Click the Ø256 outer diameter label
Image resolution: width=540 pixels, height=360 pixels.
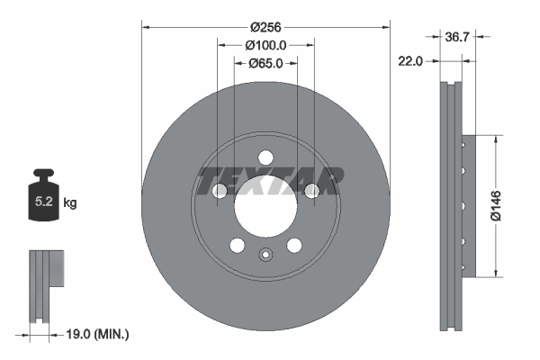(x=265, y=26)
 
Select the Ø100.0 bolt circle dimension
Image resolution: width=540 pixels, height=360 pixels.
(x=265, y=45)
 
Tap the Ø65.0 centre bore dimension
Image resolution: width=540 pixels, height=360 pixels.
(x=265, y=63)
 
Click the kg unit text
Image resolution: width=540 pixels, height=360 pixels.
(x=70, y=203)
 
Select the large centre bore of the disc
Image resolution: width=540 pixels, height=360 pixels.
(x=265, y=208)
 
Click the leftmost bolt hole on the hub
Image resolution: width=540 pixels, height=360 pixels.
(x=219, y=190)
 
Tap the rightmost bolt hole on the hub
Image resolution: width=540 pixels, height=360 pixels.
(x=311, y=190)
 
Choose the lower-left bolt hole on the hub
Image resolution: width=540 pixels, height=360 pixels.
(x=237, y=246)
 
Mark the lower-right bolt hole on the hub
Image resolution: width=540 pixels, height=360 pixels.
(x=293, y=246)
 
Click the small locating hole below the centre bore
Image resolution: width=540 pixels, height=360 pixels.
(x=265, y=255)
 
